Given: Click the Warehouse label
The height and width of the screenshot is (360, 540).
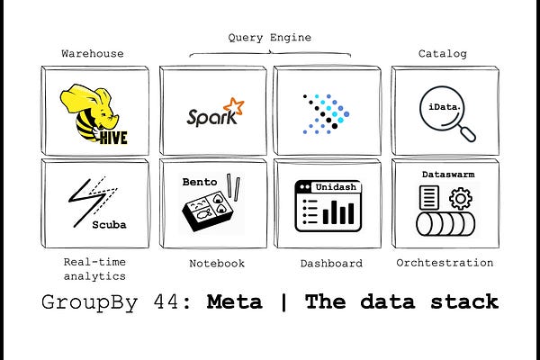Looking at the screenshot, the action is click(x=92, y=54).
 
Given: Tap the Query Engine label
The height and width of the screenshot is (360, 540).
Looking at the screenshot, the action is click(x=270, y=37).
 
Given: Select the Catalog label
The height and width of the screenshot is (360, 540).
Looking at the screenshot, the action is click(x=442, y=54).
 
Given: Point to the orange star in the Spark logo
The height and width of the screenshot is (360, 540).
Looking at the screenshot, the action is click(x=234, y=107).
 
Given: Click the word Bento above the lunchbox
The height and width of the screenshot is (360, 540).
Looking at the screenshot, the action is click(x=199, y=181).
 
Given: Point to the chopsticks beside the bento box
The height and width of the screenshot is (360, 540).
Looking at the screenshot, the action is click(x=238, y=186).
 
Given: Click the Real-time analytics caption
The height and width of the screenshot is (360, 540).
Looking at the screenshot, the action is click(x=94, y=269).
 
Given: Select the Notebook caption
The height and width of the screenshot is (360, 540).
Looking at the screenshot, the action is click(x=216, y=263).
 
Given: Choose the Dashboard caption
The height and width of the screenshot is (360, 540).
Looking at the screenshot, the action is click(x=331, y=263).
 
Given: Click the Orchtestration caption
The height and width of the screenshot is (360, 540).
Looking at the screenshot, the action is click(x=445, y=263).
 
